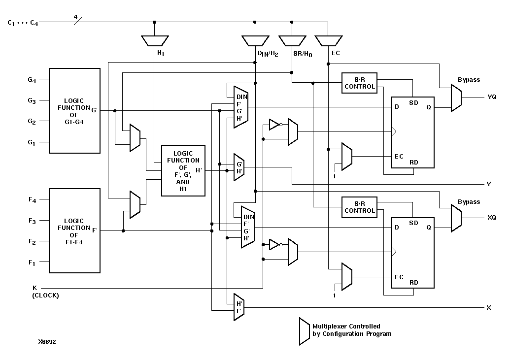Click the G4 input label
pyautogui.click(x=32, y=79)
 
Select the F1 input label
pyautogui.click(x=32, y=263)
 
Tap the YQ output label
pyautogui.click(x=491, y=97)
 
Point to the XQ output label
pyautogui.click(x=491, y=217)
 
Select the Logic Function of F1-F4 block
pyautogui.click(x=74, y=230)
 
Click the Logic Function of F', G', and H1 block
pyautogui.click(x=183, y=171)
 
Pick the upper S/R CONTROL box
pyautogui.click(x=359, y=83)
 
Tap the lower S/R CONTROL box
pyautogui.click(x=359, y=207)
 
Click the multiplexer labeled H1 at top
pyautogui.click(x=155, y=40)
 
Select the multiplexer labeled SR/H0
pyautogui.click(x=292, y=40)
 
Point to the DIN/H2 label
pyautogui.click(x=268, y=53)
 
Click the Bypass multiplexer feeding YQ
pyautogui.click(x=456, y=98)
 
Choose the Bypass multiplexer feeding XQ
pyautogui.click(x=456, y=218)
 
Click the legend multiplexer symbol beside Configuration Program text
pyautogui.click(x=304, y=331)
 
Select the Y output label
pyautogui.click(x=488, y=184)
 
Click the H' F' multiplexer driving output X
pyautogui.click(x=238, y=307)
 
